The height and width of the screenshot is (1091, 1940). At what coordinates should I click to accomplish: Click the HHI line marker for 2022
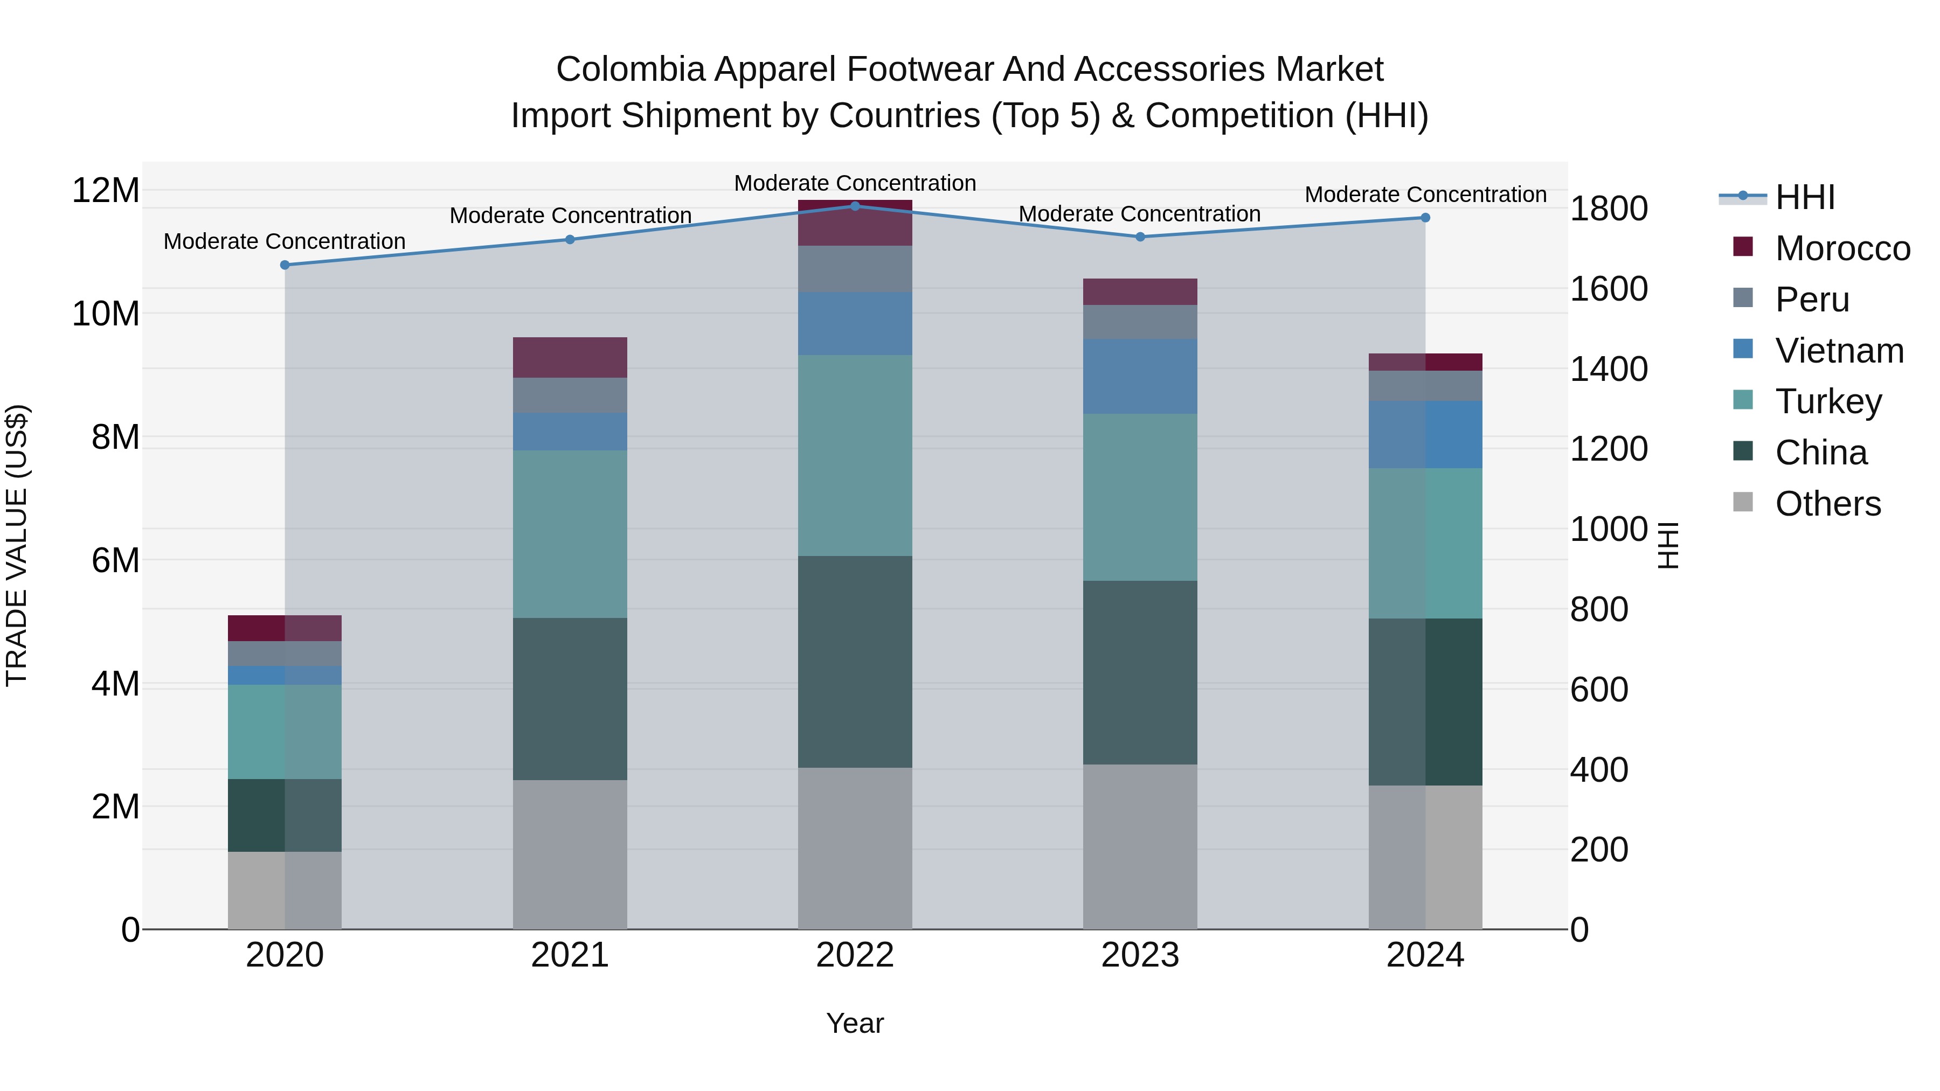855,206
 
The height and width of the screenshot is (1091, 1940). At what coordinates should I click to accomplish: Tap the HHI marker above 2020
285,265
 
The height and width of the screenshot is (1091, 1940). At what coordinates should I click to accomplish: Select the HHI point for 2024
1425,218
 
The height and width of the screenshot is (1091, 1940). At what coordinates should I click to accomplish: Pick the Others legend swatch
1743,502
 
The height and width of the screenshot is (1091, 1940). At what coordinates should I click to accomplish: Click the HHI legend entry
1804,197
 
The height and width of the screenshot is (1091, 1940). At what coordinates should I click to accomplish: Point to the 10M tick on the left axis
106,313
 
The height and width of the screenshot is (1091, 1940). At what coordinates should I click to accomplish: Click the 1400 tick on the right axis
1609,369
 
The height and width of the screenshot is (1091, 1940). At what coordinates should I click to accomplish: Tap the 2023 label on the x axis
1139,955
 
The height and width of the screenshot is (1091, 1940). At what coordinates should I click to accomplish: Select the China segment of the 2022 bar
855,661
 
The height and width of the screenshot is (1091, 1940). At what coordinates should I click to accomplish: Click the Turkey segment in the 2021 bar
570,534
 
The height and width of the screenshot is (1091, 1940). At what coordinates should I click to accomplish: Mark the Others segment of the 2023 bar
1139,846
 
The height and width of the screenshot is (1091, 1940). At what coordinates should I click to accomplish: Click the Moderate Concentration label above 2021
570,216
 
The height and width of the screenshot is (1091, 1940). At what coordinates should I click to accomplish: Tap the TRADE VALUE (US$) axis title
17,545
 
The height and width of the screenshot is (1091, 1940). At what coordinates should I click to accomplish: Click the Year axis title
855,1023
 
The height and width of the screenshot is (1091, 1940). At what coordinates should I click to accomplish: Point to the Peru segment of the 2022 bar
855,269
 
